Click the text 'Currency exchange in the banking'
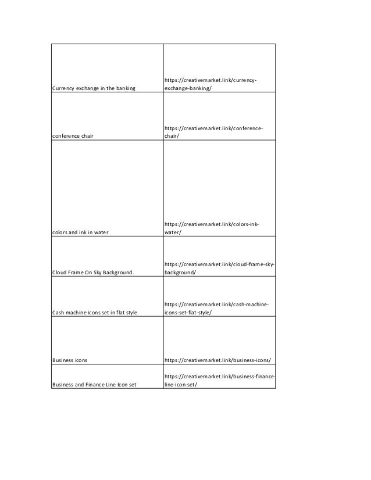click(x=94, y=88)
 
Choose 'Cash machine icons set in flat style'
click(x=95, y=313)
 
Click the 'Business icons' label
click(x=70, y=360)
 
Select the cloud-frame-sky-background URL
click(x=219, y=267)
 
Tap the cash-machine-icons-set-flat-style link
click(x=216, y=308)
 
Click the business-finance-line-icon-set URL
click(x=219, y=379)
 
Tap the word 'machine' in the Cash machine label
click(x=77, y=313)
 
